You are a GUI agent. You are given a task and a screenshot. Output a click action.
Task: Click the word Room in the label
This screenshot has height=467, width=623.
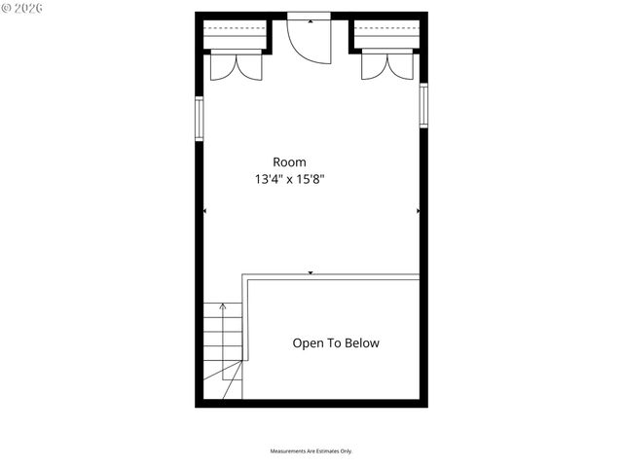(x=289, y=162)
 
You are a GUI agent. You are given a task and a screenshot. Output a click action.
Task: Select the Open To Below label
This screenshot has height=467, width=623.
(x=336, y=343)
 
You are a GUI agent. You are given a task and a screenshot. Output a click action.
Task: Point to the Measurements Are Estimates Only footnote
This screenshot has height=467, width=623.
(x=311, y=451)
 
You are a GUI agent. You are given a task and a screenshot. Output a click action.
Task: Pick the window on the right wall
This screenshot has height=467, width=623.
(x=423, y=105)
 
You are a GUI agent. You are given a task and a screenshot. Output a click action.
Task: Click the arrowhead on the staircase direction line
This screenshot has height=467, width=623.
(x=223, y=306)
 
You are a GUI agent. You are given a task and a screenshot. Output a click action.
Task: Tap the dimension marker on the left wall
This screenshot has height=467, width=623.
(x=204, y=210)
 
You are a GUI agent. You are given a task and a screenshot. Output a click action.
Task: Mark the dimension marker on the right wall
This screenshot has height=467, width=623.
(x=418, y=210)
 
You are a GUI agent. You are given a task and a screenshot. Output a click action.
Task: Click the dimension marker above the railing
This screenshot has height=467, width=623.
(x=311, y=273)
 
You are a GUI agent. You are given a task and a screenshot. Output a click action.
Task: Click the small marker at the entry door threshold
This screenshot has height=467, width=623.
(x=311, y=18)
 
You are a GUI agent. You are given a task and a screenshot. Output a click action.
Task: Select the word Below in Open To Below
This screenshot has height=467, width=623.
(x=361, y=343)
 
